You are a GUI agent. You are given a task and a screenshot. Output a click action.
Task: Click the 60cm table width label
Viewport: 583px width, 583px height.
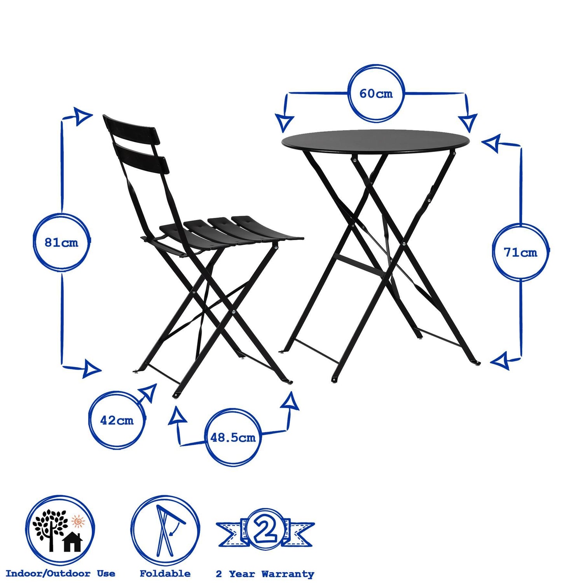[x=376, y=94]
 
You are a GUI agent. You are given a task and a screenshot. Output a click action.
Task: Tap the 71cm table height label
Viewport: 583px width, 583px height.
[x=520, y=253]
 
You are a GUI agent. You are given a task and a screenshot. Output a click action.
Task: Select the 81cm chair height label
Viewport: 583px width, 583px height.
[x=61, y=243]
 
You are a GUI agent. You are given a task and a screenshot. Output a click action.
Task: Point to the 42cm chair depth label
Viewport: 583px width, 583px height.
[x=117, y=421]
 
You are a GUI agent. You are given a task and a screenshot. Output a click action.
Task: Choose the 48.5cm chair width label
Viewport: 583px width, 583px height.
[x=233, y=438]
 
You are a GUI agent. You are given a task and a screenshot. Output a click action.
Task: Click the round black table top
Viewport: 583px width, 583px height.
[x=375, y=140]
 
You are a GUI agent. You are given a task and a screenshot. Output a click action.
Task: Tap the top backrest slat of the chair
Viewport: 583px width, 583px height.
[x=132, y=131]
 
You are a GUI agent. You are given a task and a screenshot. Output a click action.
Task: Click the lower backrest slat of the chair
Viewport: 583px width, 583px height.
[x=142, y=159]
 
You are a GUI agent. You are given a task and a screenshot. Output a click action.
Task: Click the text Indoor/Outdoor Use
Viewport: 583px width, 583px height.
[x=60, y=574]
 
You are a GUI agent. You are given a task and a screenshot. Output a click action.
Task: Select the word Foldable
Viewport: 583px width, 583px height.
[x=165, y=574]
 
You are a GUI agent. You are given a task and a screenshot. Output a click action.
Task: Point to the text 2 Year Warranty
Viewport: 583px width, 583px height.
[x=265, y=574]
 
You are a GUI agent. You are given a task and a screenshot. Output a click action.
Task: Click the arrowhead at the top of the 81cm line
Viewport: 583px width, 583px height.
[x=82, y=115]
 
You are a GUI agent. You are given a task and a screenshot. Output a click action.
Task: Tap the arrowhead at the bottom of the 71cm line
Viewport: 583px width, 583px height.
[x=501, y=361]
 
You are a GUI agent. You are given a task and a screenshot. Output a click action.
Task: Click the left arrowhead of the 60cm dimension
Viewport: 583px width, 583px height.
[x=284, y=122]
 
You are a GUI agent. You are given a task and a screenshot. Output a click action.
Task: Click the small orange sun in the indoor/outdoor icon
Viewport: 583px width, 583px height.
[x=78, y=521]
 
